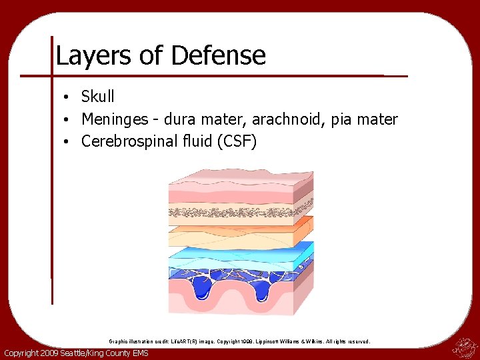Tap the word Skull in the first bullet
[98, 97]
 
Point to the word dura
[182, 119]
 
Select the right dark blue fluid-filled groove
[261, 288]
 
